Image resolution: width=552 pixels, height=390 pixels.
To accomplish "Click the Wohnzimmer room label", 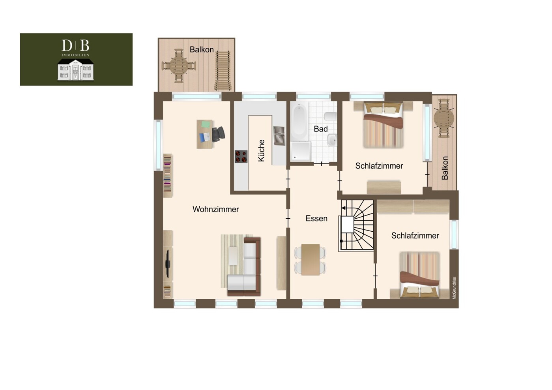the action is pyautogui.click(x=215, y=209).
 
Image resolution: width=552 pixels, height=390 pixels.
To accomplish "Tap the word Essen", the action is pyautogui.click(x=316, y=218).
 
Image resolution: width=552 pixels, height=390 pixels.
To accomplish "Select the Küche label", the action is pyautogui.click(x=261, y=151).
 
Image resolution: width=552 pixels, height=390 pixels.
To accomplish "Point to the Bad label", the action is pyautogui.click(x=321, y=129).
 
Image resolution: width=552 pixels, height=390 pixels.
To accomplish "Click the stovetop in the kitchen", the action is pyautogui.click(x=241, y=157).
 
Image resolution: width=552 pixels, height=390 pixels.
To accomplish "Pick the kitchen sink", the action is pyautogui.click(x=279, y=136).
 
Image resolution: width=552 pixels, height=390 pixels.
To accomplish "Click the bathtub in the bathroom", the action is pyautogui.click(x=299, y=122).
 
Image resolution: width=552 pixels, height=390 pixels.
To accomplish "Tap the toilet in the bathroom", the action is pyautogui.click(x=331, y=116).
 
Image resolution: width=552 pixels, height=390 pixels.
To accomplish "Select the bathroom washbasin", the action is pyautogui.click(x=332, y=140).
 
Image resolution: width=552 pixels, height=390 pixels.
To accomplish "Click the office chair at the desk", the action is pyautogui.click(x=218, y=134).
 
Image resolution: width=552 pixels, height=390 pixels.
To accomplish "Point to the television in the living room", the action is pyautogui.click(x=168, y=263).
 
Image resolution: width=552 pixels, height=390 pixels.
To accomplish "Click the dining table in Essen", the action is pyautogui.click(x=310, y=260).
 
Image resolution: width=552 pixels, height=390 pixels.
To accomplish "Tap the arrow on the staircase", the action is pyautogui.click(x=344, y=208).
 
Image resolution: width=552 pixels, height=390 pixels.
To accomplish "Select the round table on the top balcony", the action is pyautogui.click(x=179, y=66).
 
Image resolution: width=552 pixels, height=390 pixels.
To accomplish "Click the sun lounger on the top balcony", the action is pyautogui.click(x=223, y=71).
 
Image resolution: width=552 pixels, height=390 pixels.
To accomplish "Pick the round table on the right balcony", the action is pyautogui.click(x=444, y=118).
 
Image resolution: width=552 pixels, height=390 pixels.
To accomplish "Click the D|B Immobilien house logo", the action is pyautogui.click(x=75, y=60).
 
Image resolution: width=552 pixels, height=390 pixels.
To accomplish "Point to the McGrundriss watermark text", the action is pyautogui.click(x=454, y=288).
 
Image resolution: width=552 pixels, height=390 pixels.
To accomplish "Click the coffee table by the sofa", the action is pyautogui.click(x=233, y=256).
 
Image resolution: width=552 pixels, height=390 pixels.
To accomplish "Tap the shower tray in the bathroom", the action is pyautogui.click(x=301, y=151).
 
